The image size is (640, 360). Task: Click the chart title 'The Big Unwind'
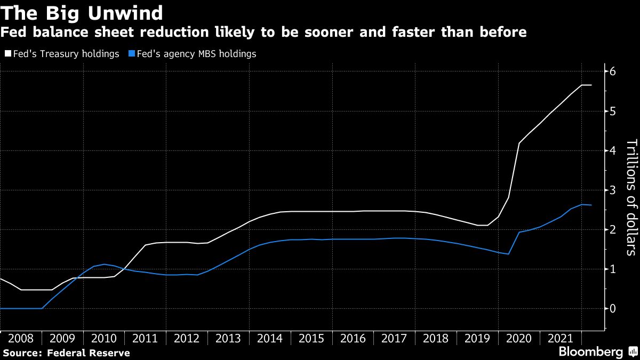(x=82, y=12)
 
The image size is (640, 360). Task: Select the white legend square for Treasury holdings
(x=7, y=54)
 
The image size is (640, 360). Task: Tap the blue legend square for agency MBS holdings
(x=132, y=54)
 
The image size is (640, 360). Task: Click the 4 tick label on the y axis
(x=613, y=151)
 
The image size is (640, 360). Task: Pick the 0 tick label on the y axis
(x=613, y=309)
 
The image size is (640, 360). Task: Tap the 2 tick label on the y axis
(x=613, y=230)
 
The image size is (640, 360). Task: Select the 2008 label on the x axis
(x=21, y=339)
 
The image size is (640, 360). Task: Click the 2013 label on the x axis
(x=228, y=339)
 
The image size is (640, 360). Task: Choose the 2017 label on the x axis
(x=394, y=339)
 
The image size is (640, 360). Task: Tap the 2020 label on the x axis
(x=518, y=339)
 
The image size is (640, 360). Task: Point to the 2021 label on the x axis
(x=560, y=339)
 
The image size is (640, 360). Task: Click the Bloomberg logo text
(x=590, y=352)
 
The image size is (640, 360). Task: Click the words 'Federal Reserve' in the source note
(x=88, y=353)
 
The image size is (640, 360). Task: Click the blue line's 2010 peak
(x=105, y=264)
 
